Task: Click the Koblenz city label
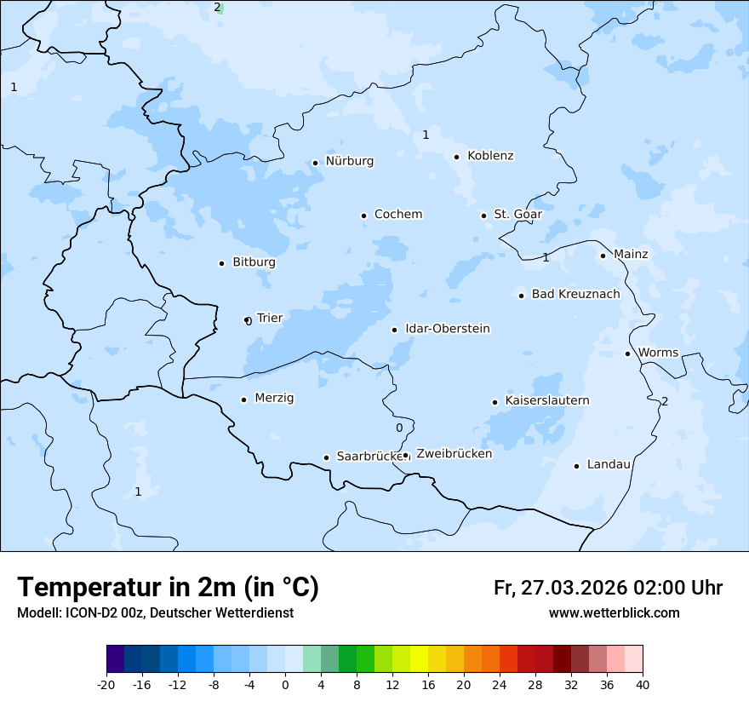click(x=490, y=156)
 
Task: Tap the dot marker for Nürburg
click(x=315, y=163)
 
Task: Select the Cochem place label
click(x=398, y=215)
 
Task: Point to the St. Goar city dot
click(x=483, y=216)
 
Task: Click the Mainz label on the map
click(x=631, y=255)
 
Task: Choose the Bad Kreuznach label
click(x=575, y=295)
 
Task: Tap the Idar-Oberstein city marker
click(x=394, y=330)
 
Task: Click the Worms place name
click(x=658, y=353)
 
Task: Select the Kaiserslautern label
click(x=547, y=400)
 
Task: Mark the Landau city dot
click(x=576, y=466)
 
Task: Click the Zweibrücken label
click(x=454, y=454)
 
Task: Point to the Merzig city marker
click(x=243, y=399)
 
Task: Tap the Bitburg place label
click(x=254, y=262)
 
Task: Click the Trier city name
click(x=269, y=318)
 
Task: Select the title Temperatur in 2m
click(x=168, y=587)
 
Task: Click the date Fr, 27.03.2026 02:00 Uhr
click(x=608, y=588)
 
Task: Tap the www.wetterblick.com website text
click(x=614, y=613)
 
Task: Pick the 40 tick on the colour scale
click(x=643, y=685)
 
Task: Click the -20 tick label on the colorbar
click(x=106, y=685)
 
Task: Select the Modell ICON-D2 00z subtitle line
click(x=155, y=613)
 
